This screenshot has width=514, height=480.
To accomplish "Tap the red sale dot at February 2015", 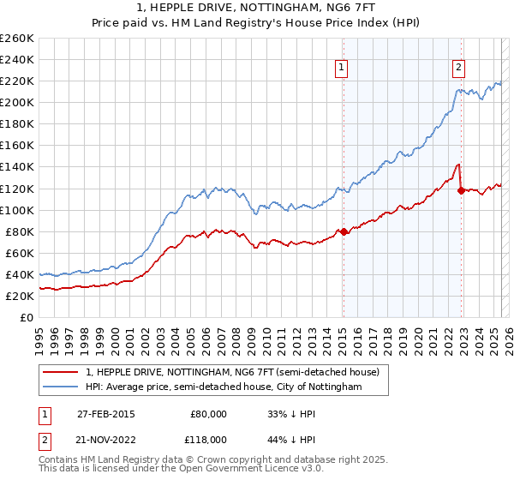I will [x=343, y=231].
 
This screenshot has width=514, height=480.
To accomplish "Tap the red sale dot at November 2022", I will [x=461, y=190].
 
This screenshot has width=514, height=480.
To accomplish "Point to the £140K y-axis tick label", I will [x=17, y=167].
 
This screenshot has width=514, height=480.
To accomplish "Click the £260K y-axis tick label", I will [x=17, y=39].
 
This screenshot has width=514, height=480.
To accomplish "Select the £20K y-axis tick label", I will [x=20, y=296].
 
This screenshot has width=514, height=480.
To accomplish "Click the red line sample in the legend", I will [x=61, y=372].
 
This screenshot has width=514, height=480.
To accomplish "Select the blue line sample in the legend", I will [x=61, y=387].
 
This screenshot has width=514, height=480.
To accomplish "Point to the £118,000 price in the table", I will [x=208, y=439].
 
